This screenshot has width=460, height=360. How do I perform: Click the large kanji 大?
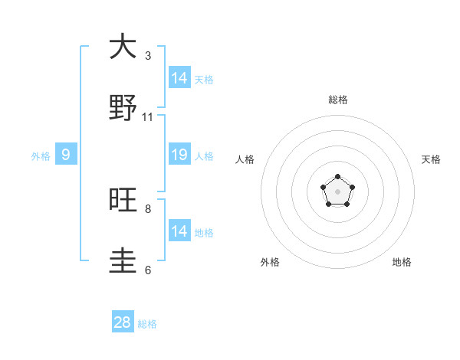pyautogui.click(x=123, y=47)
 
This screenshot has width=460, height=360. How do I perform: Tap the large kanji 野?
pyautogui.click(x=123, y=108)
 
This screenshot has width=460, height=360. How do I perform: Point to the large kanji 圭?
pyautogui.click(x=123, y=260)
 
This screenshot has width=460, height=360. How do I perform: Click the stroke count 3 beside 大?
pyautogui.click(x=148, y=56)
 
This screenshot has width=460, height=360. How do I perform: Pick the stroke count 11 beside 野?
pyautogui.click(x=148, y=117)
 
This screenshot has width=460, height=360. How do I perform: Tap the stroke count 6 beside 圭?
pyautogui.click(x=148, y=270)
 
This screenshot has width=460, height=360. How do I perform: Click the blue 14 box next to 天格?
pyautogui.click(x=179, y=78)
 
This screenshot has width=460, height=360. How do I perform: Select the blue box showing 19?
pyautogui.click(x=179, y=155)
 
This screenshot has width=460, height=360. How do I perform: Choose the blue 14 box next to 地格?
pyautogui.click(x=179, y=231)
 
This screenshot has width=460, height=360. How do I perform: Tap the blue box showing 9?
pyautogui.click(x=66, y=155)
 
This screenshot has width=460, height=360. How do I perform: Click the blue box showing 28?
pyautogui.click(x=123, y=322)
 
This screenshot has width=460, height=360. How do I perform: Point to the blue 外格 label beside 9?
pyautogui.click(x=41, y=156)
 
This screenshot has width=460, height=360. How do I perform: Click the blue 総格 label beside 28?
pyautogui.click(x=147, y=324)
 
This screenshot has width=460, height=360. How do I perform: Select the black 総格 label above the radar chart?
pyautogui.click(x=338, y=100)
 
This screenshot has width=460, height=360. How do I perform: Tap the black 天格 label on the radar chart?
pyautogui.click(x=432, y=159)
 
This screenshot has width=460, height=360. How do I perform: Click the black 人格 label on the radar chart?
pyautogui.click(x=245, y=159)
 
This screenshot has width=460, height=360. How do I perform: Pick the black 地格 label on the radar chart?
pyautogui.click(x=402, y=262)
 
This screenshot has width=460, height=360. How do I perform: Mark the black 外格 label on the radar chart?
pyautogui.click(x=270, y=262)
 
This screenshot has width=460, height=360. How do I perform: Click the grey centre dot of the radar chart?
pyautogui.click(x=338, y=191)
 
